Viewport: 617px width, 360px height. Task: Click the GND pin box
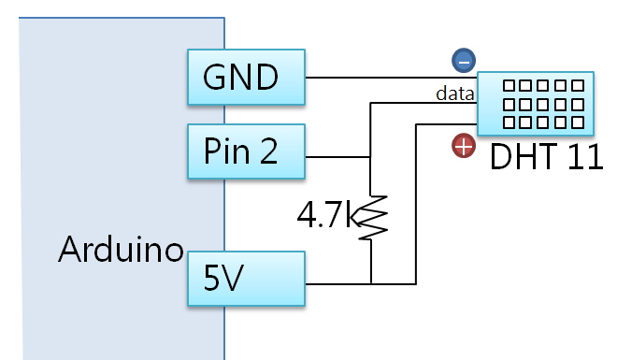(x=247, y=77)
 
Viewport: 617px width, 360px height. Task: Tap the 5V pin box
(x=247, y=279)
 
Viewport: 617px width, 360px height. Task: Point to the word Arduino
(x=120, y=250)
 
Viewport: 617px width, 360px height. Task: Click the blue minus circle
(x=463, y=61)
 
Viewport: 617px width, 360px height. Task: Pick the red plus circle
(x=463, y=146)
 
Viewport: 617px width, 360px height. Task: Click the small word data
(x=453, y=94)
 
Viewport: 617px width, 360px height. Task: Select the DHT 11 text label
(x=547, y=155)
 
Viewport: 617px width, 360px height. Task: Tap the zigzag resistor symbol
(x=371, y=217)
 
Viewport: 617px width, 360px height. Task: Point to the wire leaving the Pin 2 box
(x=337, y=155)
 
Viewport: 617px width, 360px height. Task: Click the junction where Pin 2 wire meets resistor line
(x=371, y=155)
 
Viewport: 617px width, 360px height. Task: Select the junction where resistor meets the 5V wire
(x=371, y=282)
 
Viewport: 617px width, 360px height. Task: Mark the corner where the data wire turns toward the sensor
(x=371, y=103)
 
